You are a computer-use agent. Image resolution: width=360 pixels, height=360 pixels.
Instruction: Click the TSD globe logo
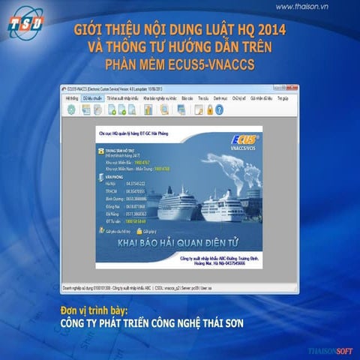[x=25, y=25]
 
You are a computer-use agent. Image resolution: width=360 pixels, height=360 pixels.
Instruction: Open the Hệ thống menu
[x=72, y=97]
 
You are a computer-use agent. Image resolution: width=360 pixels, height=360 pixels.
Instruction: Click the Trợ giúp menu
[x=283, y=97]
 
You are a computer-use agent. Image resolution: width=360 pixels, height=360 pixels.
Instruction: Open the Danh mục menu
[x=220, y=97]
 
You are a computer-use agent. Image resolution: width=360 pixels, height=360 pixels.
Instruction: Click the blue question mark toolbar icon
[x=220, y=109]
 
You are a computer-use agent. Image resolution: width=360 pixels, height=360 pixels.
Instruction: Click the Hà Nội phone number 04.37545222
[x=134, y=183]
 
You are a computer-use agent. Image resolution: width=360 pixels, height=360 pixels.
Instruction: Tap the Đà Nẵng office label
[x=113, y=213]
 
